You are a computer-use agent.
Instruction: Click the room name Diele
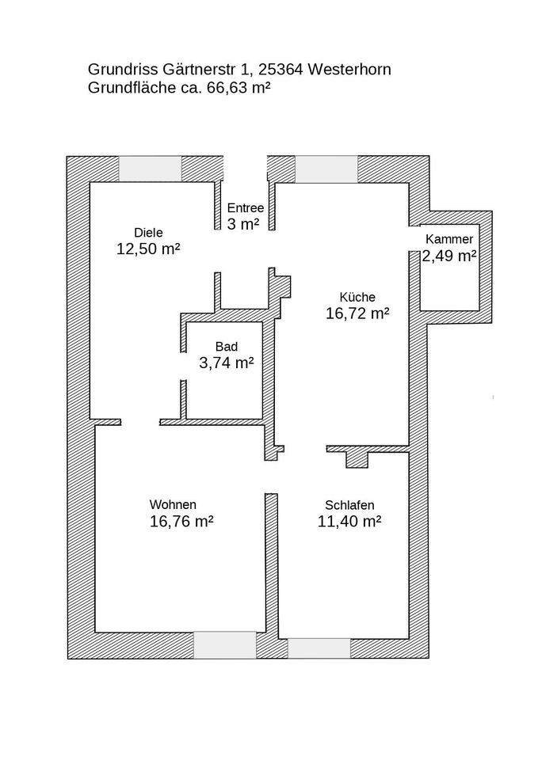point(148,233)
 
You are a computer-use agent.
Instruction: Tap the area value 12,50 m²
point(148,249)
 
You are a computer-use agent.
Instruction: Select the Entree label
point(246,208)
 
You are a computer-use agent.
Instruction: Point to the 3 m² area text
point(243,224)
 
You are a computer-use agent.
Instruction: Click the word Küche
point(357,297)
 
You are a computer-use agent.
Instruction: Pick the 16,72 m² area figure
point(357,313)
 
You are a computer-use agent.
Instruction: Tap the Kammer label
point(449,239)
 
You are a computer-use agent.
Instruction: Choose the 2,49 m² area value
point(449,256)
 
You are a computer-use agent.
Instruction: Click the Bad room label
point(227,347)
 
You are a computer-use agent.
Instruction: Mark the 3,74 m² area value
point(227,363)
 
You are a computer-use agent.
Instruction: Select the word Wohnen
point(174,504)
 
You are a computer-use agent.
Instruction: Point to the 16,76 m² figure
point(182,522)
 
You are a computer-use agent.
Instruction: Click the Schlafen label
point(349,505)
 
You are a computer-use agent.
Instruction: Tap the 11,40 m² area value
point(349,522)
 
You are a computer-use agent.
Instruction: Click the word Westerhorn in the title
point(349,70)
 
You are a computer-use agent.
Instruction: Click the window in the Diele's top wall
point(151,169)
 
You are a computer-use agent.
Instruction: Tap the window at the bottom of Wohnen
point(224,645)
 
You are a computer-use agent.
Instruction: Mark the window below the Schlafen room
point(319,648)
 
